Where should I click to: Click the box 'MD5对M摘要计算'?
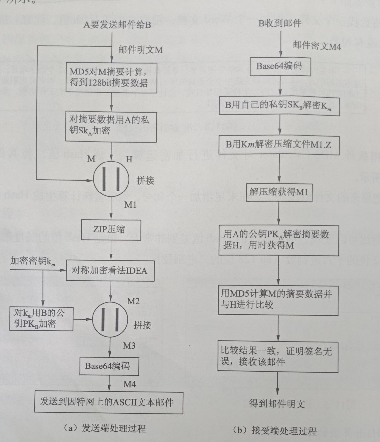coord(112,77)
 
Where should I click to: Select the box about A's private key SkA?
coord(112,126)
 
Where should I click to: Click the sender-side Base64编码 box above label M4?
coord(108,366)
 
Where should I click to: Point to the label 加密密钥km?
coord(32,262)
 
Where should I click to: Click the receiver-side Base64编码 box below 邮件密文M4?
coord(279,66)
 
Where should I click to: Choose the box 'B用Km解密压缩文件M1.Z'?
coord(279,144)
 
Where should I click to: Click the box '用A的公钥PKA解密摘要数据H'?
coord(279,240)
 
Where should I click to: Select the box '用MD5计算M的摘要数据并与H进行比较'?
coord(279,299)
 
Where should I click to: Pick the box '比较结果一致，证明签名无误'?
coord(279,357)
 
